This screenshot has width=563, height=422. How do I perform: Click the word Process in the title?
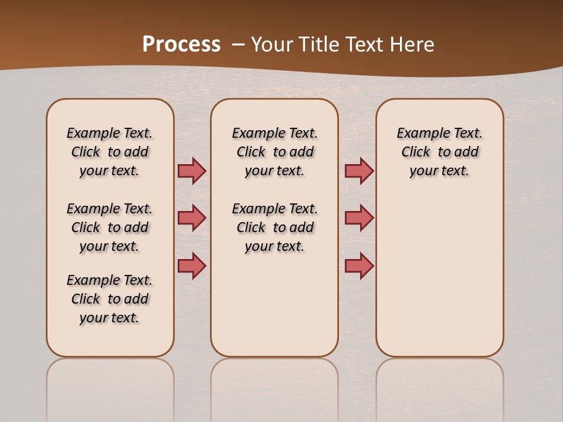181,45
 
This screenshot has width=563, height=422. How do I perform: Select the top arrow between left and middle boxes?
192,171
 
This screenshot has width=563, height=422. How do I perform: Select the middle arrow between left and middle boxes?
192,218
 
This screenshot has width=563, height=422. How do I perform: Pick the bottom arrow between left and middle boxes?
192,266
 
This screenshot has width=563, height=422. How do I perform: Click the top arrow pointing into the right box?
359,171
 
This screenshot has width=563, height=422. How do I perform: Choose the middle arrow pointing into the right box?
359,218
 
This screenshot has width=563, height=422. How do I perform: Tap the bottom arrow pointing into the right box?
359,266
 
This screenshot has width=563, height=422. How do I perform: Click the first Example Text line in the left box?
110,133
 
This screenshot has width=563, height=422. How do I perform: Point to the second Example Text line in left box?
110,209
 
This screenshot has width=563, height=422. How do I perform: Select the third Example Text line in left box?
110,280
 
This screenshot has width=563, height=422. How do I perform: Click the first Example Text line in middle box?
275,133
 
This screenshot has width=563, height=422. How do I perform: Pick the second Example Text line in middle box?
275,209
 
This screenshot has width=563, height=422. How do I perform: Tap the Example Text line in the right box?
440,133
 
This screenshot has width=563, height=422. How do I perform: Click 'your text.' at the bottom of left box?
110,318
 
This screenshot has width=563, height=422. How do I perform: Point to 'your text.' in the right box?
440,171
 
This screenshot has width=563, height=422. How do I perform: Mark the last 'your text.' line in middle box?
275,246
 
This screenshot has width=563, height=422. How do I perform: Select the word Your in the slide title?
272,45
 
